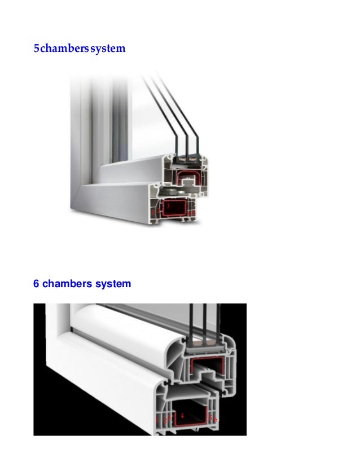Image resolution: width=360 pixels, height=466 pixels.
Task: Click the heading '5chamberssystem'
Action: (x=79, y=49)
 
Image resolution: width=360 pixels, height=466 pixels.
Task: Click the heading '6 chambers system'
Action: (x=82, y=283)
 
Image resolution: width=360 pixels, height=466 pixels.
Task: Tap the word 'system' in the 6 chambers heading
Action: (x=112, y=283)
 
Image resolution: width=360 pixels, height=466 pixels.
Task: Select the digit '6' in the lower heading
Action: (x=37, y=283)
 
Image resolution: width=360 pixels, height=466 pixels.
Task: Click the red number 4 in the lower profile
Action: (x=182, y=415)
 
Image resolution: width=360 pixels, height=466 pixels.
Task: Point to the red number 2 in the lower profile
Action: (x=165, y=420)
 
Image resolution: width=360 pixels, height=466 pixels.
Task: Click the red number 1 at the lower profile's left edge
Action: (x=157, y=420)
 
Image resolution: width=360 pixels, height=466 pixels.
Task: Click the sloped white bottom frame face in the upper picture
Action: (x=113, y=197)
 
